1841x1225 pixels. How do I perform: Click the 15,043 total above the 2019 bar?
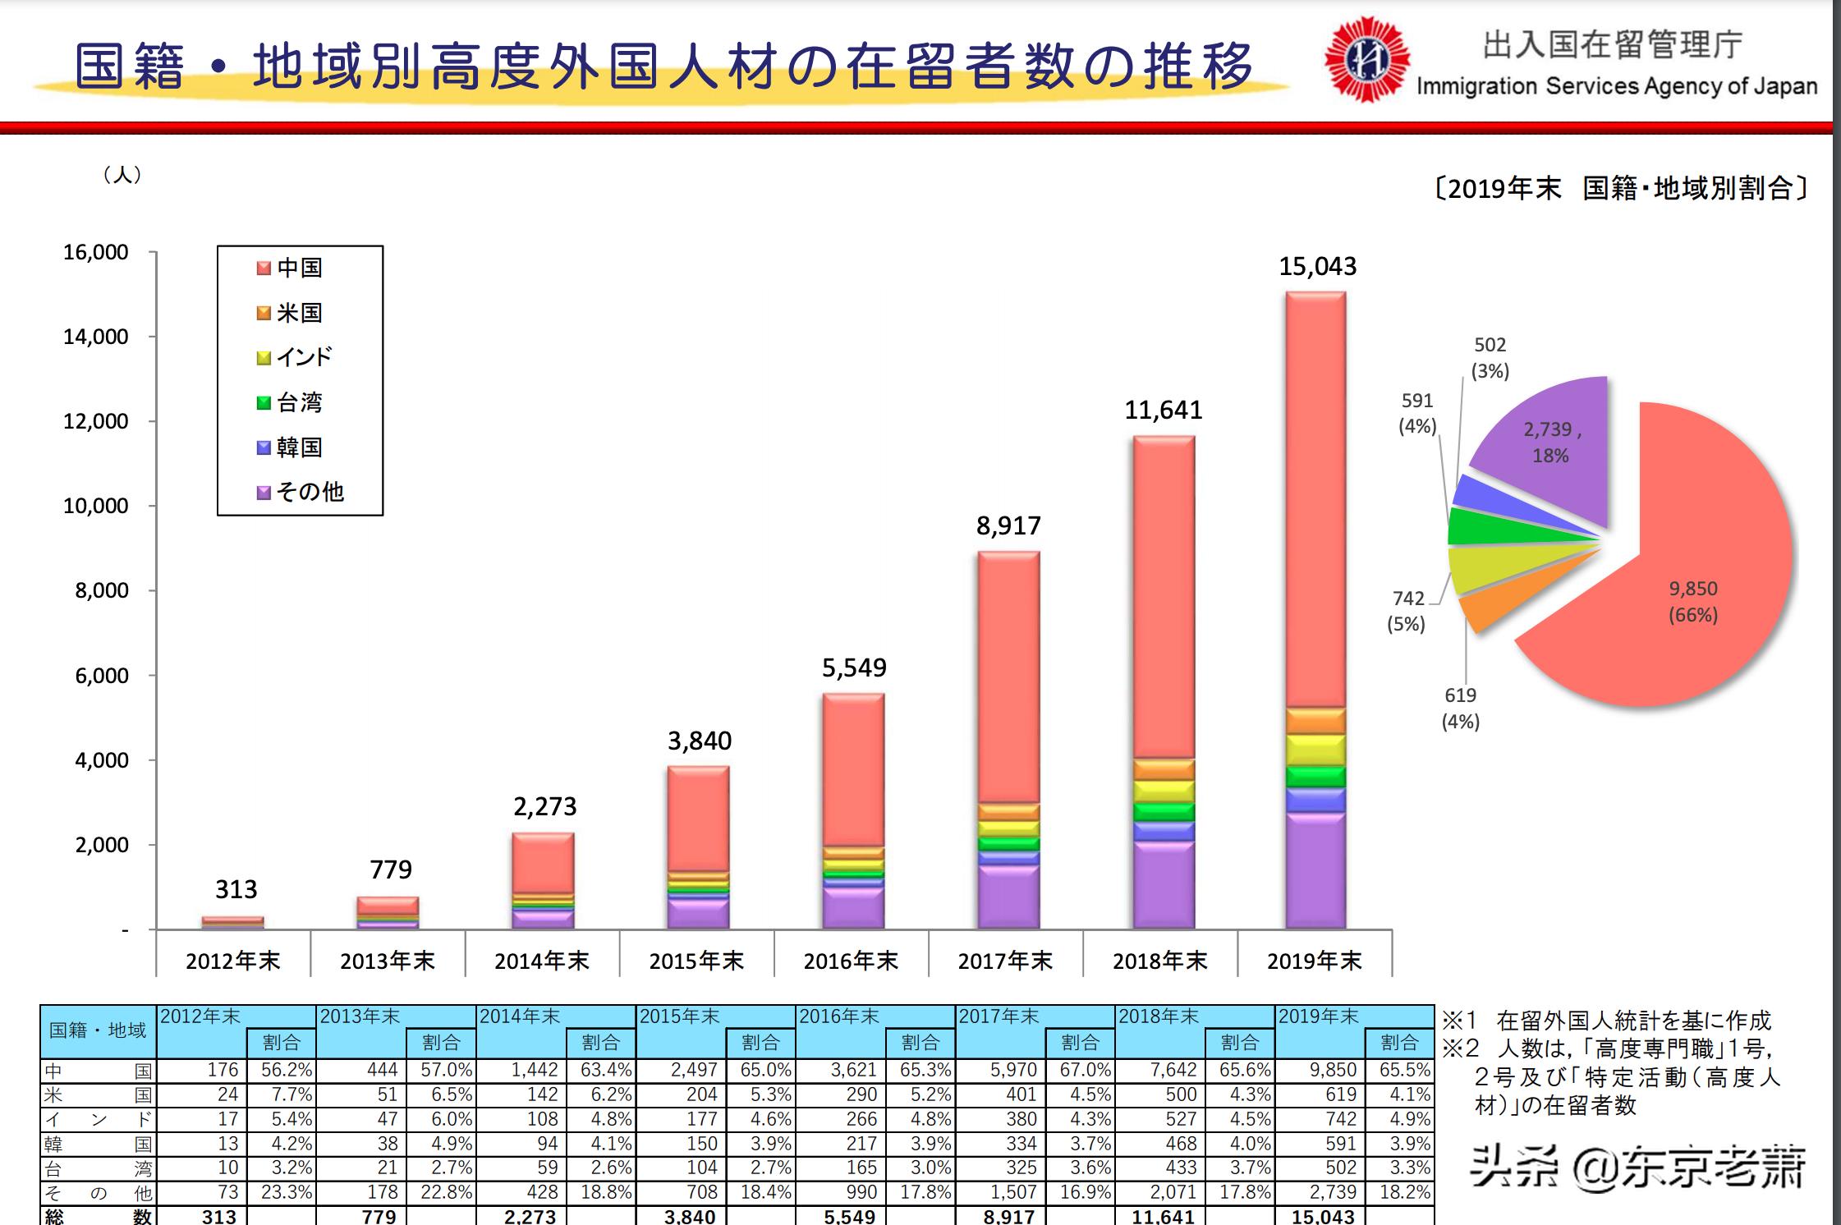pyautogui.click(x=1317, y=267)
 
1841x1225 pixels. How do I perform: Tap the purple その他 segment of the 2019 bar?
pyautogui.click(x=1315, y=870)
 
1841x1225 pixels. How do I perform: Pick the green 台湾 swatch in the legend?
pyautogui.click(x=264, y=402)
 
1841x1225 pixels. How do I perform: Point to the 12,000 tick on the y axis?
pyautogui.click(x=96, y=421)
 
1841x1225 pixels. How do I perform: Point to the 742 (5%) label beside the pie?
pyautogui.click(x=1407, y=611)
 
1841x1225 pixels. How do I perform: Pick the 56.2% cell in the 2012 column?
pyautogui.click(x=286, y=1071)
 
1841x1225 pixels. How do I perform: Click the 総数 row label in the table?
pyautogui.click(x=98, y=1216)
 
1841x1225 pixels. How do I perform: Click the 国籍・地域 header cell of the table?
pyautogui.click(x=98, y=1030)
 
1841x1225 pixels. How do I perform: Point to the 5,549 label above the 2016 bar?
pyautogui.click(x=854, y=668)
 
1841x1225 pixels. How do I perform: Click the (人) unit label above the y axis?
pyautogui.click(x=122, y=175)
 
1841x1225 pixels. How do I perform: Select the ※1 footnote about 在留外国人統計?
pyautogui.click(x=1605, y=1021)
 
